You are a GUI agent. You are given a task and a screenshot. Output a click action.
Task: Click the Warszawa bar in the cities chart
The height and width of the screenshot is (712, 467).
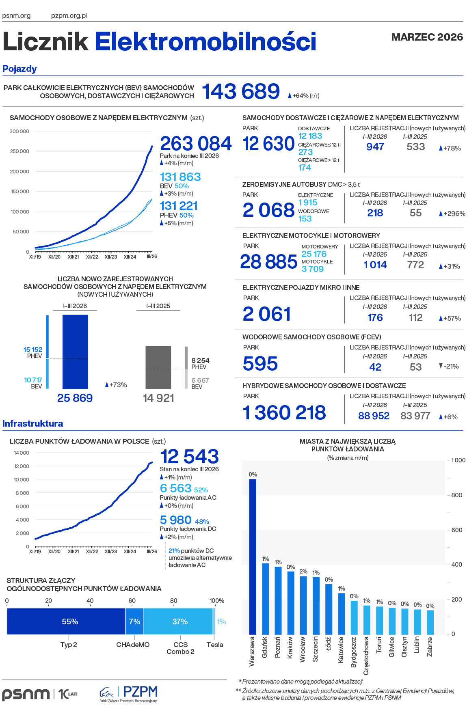point(253,556)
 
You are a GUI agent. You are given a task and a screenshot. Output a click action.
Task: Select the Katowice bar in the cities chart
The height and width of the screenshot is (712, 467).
point(342,613)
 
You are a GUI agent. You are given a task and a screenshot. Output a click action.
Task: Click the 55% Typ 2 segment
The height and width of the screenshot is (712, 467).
point(66,621)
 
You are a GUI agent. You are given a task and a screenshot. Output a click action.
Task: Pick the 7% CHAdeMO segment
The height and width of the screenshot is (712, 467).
point(134,621)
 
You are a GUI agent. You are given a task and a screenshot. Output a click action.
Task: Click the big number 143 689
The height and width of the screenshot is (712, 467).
point(241,91)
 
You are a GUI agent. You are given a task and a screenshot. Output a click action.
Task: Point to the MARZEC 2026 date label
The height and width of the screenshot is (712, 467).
point(427,37)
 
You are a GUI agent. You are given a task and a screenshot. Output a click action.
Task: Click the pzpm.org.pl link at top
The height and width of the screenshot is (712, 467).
point(69,16)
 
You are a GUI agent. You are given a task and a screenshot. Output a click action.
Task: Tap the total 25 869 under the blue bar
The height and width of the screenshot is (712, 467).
point(75,398)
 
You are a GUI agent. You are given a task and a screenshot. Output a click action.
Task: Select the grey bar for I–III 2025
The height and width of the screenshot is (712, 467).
point(158,367)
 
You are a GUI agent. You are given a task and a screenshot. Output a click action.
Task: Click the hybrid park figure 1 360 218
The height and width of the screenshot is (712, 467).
point(284,412)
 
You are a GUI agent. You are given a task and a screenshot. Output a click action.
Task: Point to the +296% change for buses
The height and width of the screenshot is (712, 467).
point(452,214)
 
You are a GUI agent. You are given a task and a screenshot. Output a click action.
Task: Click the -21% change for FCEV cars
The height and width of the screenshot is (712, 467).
point(449,366)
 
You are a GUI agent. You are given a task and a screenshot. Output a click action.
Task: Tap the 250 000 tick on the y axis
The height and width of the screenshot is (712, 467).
point(19,151)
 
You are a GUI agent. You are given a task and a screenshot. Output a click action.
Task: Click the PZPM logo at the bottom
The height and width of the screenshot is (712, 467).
point(129,694)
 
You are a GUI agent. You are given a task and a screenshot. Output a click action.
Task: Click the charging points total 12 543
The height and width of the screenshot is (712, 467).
point(190,457)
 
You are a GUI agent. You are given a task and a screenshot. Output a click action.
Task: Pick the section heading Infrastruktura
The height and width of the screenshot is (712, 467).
point(33,423)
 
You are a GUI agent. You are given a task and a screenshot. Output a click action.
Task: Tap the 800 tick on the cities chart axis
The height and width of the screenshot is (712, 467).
point(456,495)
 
